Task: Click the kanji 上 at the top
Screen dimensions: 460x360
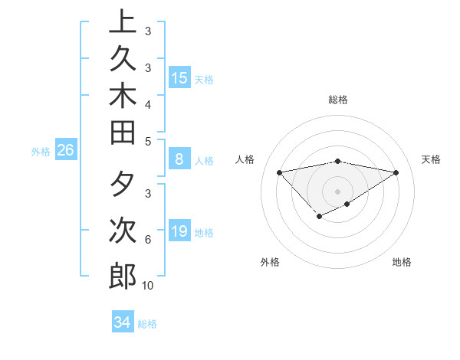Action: point(123,21)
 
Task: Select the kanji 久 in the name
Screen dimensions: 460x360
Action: point(123,57)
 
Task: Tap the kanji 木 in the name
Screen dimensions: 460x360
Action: point(123,94)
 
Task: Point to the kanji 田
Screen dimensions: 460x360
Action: point(123,132)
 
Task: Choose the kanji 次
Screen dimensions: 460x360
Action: point(123,230)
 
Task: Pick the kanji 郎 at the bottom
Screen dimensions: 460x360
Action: point(123,276)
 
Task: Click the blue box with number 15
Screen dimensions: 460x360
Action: point(179,77)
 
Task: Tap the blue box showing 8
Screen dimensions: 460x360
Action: point(179,160)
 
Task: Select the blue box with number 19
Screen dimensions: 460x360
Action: point(179,231)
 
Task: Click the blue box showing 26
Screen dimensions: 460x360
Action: point(65,150)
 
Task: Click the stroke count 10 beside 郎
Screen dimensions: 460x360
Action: point(148,286)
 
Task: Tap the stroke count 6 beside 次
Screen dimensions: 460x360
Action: point(148,240)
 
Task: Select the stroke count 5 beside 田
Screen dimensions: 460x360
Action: point(148,141)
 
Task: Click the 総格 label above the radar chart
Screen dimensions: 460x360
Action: point(338,100)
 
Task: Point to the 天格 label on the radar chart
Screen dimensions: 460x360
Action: point(432,159)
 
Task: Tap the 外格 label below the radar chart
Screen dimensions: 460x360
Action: point(270,262)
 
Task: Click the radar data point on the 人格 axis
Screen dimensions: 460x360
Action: point(280,172)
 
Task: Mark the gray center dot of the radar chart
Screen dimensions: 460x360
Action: point(338,191)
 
